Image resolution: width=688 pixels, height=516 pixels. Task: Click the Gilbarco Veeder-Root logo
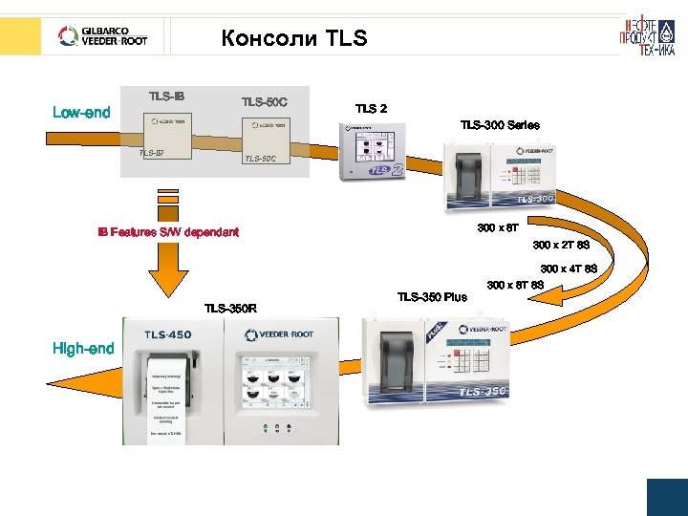(x=104, y=37)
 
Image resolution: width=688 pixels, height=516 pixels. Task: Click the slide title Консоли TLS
(x=292, y=38)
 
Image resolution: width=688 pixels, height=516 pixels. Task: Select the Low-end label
(x=81, y=113)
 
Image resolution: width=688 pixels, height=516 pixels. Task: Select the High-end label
(x=83, y=349)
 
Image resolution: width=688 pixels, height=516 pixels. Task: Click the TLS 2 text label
(x=371, y=109)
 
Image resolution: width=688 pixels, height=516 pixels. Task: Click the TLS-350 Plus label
(x=432, y=296)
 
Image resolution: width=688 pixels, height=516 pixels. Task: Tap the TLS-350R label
(x=230, y=308)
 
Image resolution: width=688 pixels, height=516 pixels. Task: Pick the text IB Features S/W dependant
(x=168, y=232)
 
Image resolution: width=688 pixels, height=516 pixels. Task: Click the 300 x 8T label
(x=498, y=228)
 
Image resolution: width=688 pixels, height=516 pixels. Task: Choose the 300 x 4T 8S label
(x=569, y=269)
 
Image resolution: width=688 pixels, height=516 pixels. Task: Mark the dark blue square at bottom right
(x=667, y=497)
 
